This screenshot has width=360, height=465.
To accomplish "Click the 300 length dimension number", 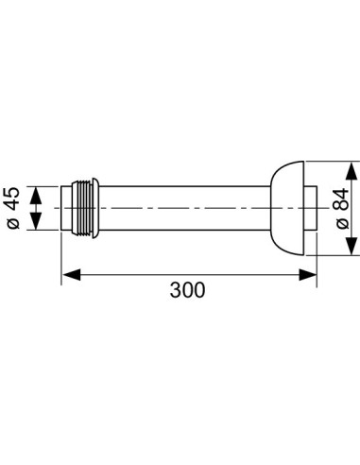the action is pyautogui.click(x=187, y=290).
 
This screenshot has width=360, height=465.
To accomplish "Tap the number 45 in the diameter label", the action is pyautogui.click(x=13, y=199).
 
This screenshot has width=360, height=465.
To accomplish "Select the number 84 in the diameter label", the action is pyautogui.click(x=342, y=199).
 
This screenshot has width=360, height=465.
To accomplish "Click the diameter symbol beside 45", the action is pyautogui.click(x=13, y=223).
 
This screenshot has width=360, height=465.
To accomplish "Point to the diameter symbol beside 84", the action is pyautogui.click(x=343, y=223).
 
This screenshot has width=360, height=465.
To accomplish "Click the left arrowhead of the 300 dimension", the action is pyautogui.click(x=72, y=274).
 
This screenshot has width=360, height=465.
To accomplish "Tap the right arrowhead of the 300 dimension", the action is pyautogui.click(x=308, y=274).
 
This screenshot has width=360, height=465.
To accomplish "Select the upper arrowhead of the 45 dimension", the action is pyautogui.click(x=36, y=196).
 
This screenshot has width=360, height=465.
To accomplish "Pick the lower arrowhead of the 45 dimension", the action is pyautogui.click(x=36, y=221).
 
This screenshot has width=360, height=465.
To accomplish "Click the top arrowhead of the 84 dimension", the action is pyautogui.click(x=351, y=171).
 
